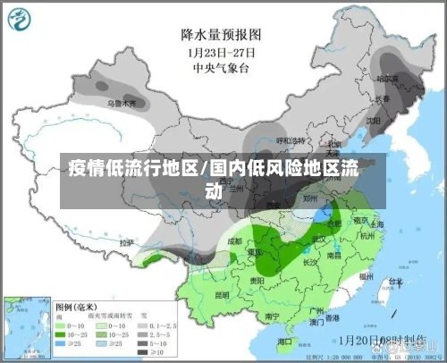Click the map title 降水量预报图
click(x=221, y=35)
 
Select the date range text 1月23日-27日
click(x=221, y=51)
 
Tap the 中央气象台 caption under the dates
click(x=221, y=65)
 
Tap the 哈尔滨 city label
click(x=387, y=79)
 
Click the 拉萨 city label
click(x=127, y=242)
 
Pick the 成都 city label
click(x=234, y=241)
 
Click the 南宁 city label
click(x=274, y=316)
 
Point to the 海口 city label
click(x=285, y=341)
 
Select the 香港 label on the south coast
click(x=332, y=317)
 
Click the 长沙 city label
click(x=311, y=263)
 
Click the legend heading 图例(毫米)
click(x=80, y=304)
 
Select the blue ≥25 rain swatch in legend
click(x=63, y=342)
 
